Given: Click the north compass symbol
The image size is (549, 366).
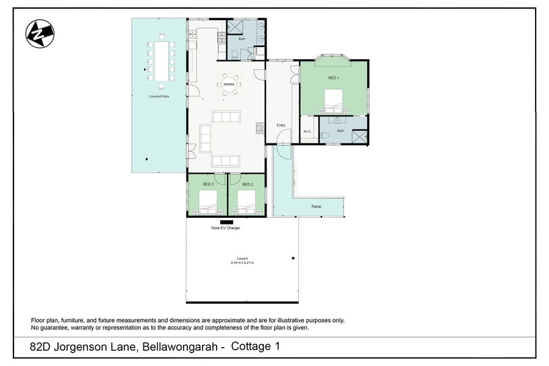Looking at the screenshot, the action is (x=40, y=34).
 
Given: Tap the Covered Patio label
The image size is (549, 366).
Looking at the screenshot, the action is (x=159, y=96).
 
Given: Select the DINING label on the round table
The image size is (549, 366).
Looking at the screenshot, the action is (x=229, y=84).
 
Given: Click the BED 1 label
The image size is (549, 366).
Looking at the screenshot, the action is (x=334, y=77).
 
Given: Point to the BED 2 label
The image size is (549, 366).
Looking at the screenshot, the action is (x=248, y=184).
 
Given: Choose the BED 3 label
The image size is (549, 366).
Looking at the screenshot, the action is (x=209, y=184).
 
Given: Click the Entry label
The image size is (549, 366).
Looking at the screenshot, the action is (x=281, y=125).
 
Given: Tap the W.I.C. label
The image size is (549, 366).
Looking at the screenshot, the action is (x=307, y=132).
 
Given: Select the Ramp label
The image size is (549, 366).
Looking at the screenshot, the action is (x=317, y=206).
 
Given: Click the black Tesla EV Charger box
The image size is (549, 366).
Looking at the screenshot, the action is (x=226, y=222).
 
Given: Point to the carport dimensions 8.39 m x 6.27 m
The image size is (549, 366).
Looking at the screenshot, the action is (x=242, y=263).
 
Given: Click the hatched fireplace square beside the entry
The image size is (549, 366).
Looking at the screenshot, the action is (x=260, y=128).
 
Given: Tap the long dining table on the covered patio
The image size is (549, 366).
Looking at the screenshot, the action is (x=162, y=61).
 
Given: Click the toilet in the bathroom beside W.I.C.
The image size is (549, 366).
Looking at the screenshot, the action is (x=325, y=136).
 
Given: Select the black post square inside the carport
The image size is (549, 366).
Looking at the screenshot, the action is (x=293, y=259).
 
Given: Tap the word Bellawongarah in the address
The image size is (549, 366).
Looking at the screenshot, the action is (x=181, y=347).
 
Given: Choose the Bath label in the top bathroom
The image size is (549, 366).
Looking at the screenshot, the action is (x=242, y=39).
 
